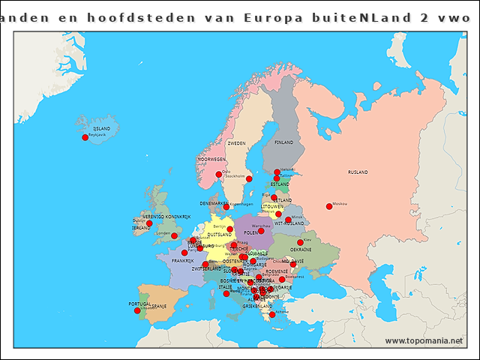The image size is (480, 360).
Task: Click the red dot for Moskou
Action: [328, 206]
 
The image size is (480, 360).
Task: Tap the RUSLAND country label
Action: [358, 172]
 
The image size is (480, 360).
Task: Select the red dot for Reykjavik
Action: [85, 137]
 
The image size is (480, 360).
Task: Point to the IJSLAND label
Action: [101, 129]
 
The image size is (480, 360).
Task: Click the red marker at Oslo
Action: [219, 175]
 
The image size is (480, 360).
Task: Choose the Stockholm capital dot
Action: [249, 178]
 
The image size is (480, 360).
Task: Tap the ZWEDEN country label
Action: [236, 142]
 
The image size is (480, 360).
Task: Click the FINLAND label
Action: [284, 142]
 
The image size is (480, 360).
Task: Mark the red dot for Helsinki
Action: [277, 172]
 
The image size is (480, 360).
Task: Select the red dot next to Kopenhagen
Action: [226, 207]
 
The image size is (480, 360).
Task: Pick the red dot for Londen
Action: [175, 235]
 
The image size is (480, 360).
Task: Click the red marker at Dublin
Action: [149, 223]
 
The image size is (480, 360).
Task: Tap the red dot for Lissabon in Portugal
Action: [137, 310]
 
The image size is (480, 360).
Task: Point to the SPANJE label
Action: [158, 306]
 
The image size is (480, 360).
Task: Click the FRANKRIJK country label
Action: [182, 261]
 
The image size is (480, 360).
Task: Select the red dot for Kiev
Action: [300, 243]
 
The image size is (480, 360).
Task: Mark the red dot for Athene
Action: [272, 315]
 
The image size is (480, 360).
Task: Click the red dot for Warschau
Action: [261, 230]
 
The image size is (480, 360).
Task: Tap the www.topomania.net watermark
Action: [424, 340]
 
